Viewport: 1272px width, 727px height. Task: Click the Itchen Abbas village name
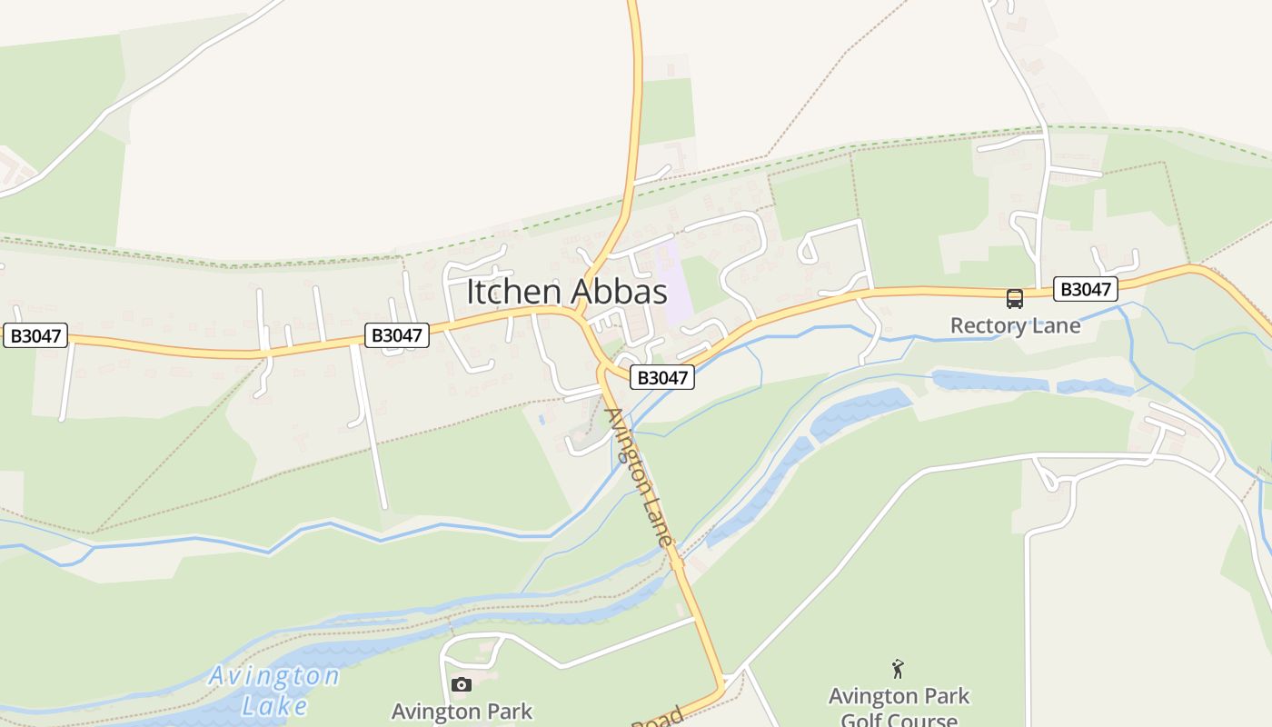coord(567,292)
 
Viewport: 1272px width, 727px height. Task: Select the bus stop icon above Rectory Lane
coord(1014,298)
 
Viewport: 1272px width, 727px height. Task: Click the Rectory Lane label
coord(1015,325)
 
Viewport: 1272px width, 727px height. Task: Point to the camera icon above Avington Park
coord(462,684)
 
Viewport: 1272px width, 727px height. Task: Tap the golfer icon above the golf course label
coord(898,670)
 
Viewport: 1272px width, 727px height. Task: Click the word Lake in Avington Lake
coord(274,705)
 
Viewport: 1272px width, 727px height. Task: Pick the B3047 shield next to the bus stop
coord(1086,289)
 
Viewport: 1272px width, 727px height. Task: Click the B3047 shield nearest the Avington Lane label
coord(661,376)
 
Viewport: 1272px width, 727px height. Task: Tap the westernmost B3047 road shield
coord(35,335)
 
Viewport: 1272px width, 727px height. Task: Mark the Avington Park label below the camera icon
coord(462,710)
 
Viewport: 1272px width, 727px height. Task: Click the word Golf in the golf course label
coord(863,720)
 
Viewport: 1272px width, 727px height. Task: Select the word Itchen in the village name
coord(515,292)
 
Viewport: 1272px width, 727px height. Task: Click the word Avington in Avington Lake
coord(273,676)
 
